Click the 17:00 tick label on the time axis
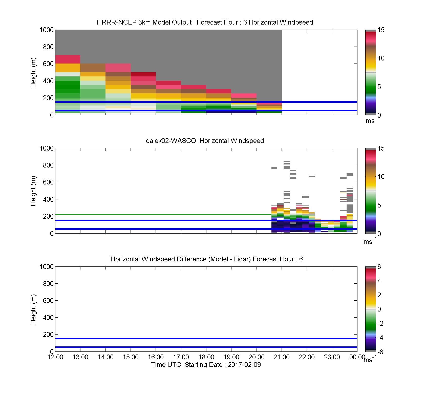click(x=181, y=357)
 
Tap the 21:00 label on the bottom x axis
click(x=282, y=357)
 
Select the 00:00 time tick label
click(x=357, y=357)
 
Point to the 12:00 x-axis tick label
click(x=55, y=357)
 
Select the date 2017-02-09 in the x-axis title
click(x=244, y=365)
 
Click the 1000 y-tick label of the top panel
click(x=47, y=30)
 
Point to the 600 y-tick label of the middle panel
click(x=48, y=182)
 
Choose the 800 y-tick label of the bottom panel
click(x=48, y=283)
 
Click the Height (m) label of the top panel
click(x=33, y=73)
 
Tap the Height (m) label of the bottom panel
click(x=33, y=309)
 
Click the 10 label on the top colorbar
click(x=381, y=58)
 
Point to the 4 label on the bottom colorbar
click(x=379, y=281)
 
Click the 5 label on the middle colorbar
click(x=379, y=205)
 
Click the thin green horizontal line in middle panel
click(x=163, y=215)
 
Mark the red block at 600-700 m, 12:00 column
click(x=68, y=59)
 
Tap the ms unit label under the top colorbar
click(x=370, y=121)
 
